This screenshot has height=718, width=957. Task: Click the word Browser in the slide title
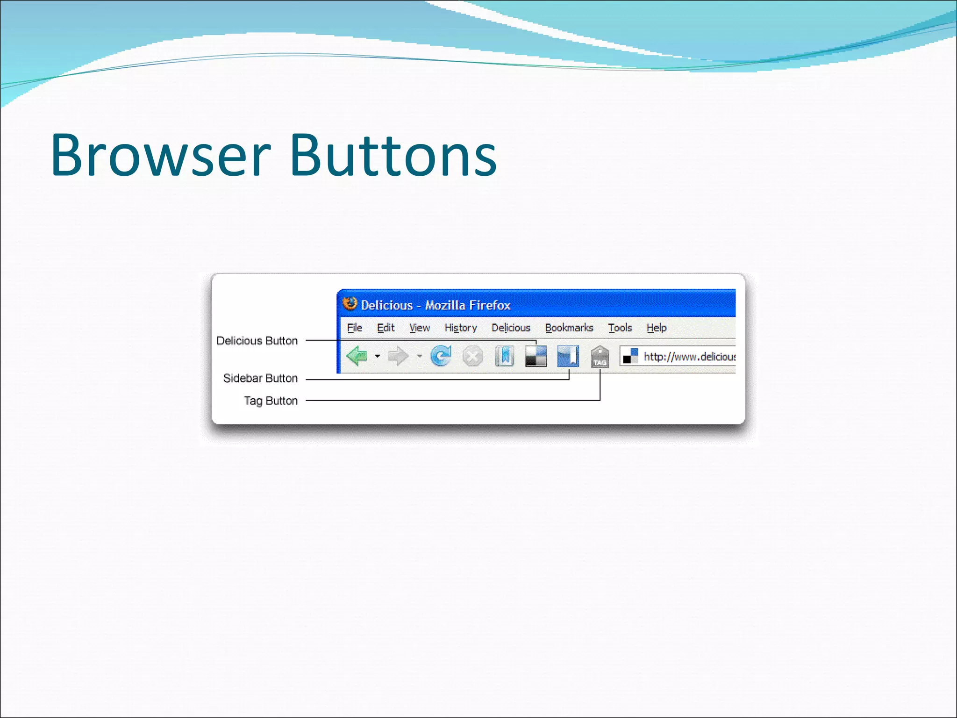[x=160, y=156]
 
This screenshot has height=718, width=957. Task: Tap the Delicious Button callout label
[x=257, y=341]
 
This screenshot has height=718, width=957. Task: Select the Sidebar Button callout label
[x=260, y=378]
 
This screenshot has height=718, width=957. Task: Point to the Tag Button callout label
[x=271, y=401]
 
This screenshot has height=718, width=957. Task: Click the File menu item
[x=355, y=328]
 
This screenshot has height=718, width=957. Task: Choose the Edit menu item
[x=386, y=328]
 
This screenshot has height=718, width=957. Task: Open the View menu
[x=419, y=328]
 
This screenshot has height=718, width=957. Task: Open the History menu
[x=460, y=328]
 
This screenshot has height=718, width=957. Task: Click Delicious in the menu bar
[x=511, y=328]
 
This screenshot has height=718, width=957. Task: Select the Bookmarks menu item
[x=569, y=328]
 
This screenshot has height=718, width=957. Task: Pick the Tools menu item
[x=620, y=328]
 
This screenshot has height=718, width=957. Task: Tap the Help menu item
[x=657, y=328]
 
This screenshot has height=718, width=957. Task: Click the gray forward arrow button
[x=398, y=356]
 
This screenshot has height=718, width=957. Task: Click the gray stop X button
[x=472, y=357]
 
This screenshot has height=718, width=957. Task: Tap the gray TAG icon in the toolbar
[x=600, y=357]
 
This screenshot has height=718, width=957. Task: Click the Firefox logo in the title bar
[x=350, y=304]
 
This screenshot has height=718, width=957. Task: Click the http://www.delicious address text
[x=689, y=357]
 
